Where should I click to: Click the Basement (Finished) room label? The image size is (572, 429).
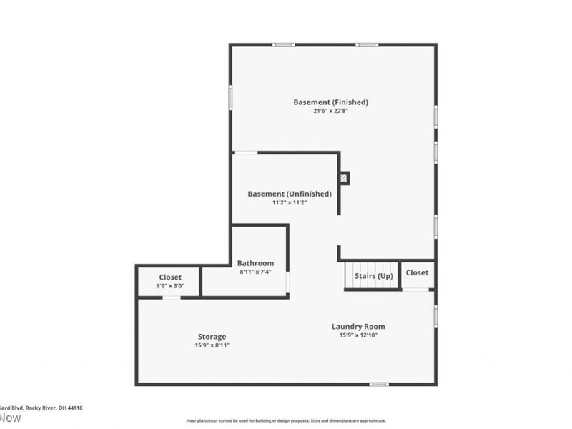[330, 102]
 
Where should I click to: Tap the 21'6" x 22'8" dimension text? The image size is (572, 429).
[330, 111]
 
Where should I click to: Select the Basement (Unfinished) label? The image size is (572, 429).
[290, 194]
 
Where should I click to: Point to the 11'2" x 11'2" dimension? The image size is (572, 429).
[290, 202]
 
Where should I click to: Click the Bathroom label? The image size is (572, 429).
[255, 263]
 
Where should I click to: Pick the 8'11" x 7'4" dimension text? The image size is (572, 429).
[255, 272]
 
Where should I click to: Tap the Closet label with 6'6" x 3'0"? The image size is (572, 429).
[170, 277]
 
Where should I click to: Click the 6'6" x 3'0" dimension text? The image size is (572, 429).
[170, 286]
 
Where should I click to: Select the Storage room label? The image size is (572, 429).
[212, 337]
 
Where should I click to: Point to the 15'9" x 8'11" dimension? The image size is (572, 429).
[212, 345]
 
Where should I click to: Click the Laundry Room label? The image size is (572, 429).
[358, 327]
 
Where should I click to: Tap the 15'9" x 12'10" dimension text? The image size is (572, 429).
[358, 335]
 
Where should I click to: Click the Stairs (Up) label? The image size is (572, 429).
[374, 276]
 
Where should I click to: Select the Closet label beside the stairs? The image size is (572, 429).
[418, 272]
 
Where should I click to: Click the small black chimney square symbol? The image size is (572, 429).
[345, 177]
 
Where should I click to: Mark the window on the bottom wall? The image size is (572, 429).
[379, 384]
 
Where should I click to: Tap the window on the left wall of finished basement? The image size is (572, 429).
[230, 97]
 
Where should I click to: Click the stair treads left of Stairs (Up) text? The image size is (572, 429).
[350, 276]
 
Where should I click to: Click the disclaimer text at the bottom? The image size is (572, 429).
[286, 421]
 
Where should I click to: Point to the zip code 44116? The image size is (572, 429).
[74, 408]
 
